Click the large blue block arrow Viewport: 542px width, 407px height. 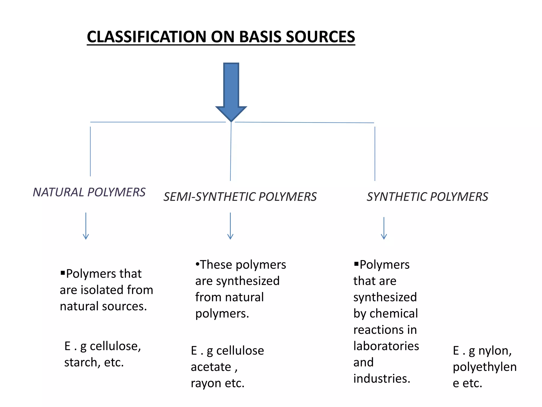(231, 90)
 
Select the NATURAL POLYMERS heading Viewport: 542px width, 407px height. (89, 192)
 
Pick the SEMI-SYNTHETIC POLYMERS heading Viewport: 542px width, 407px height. (240, 197)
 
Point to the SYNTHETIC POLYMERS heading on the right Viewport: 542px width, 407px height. (427, 197)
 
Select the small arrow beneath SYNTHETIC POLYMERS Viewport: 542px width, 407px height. (384, 228)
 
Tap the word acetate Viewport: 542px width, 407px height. (211, 367)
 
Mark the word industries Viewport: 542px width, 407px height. (381, 379)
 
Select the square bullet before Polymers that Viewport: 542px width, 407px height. (63, 273)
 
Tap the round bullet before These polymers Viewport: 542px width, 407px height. (197, 264)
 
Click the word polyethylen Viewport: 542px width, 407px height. (484, 367)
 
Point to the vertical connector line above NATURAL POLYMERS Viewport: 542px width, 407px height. (90, 151)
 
